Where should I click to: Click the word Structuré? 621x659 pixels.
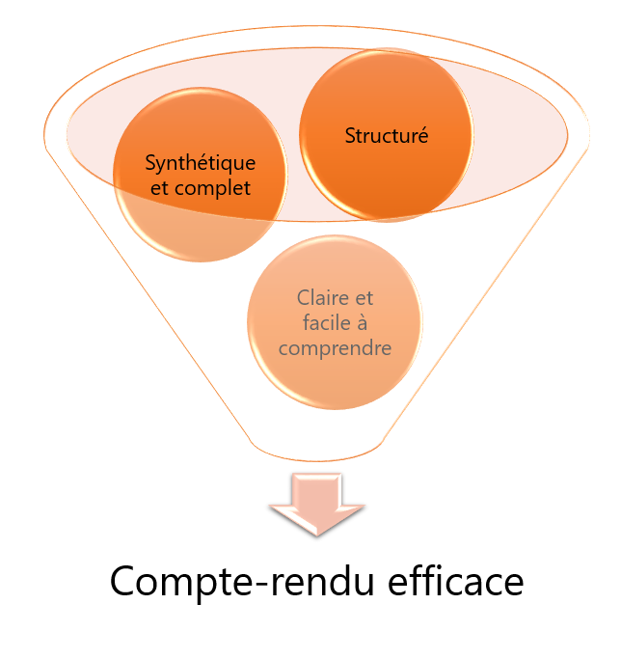(386, 136)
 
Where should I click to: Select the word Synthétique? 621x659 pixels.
(200, 161)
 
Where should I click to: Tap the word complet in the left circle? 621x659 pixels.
(211, 187)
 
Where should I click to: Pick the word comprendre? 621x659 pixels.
(335, 347)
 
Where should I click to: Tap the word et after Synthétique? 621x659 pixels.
(161, 187)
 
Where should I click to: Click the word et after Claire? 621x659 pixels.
(362, 297)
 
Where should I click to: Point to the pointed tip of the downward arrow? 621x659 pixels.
(315, 535)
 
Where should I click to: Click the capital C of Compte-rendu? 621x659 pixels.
(123, 584)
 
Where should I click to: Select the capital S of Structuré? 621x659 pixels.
(350, 136)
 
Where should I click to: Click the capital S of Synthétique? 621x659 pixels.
(149, 161)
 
